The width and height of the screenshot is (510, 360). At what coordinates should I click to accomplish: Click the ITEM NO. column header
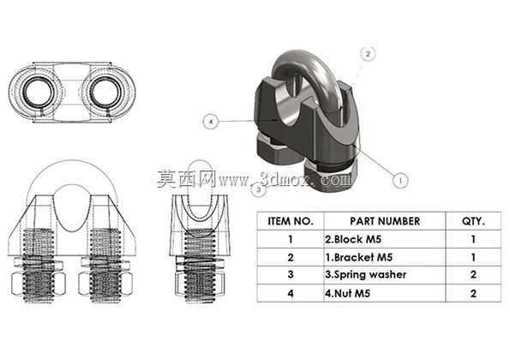click(x=290, y=221)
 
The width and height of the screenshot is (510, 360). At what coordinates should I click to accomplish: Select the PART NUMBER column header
click(x=385, y=221)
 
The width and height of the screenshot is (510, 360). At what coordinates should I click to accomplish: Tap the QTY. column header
click(x=473, y=221)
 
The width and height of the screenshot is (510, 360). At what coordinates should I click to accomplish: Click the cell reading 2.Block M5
click(x=353, y=239)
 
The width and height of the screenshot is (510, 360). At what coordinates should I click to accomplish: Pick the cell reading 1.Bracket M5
click(x=359, y=257)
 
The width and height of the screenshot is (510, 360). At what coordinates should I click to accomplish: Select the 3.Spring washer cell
click(x=366, y=275)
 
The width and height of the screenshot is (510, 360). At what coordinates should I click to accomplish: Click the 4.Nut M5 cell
click(x=347, y=293)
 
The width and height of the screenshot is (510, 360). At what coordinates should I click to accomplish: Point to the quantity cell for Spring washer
click(x=473, y=275)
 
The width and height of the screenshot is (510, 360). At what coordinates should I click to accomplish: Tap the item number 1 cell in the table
click(x=290, y=239)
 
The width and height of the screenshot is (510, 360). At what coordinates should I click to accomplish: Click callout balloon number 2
click(x=368, y=54)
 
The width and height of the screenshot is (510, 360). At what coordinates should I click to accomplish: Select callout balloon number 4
click(x=211, y=122)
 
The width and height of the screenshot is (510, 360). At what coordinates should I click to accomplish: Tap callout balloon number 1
click(x=400, y=180)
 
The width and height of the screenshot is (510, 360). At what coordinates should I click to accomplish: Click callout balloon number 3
click(x=258, y=189)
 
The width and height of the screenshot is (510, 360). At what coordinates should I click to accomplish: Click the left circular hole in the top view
click(x=39, y=93)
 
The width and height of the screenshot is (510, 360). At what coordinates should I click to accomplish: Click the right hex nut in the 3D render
click(x=330, y=176)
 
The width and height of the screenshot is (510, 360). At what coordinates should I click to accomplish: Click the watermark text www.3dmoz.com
click(x=285, y=180)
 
